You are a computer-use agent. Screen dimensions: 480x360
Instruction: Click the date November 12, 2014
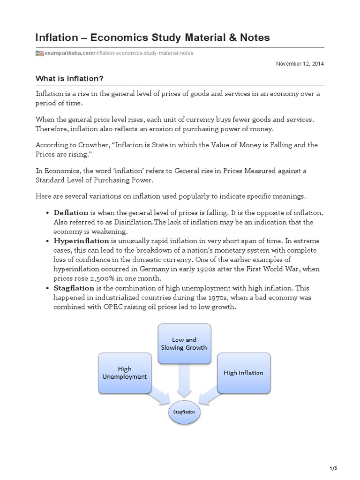300,64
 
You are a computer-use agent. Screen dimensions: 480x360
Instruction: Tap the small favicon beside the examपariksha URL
40,53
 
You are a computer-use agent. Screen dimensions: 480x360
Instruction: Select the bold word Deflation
71,213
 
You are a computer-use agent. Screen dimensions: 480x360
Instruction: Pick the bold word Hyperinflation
81,240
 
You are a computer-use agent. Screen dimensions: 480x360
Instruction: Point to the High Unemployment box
125,373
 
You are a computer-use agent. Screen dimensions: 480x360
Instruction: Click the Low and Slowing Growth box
184,343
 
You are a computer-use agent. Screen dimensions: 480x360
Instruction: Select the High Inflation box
243,373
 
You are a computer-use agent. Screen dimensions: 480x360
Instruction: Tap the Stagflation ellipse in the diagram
184,412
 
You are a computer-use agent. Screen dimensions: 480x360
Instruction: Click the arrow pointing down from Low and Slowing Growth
184,382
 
